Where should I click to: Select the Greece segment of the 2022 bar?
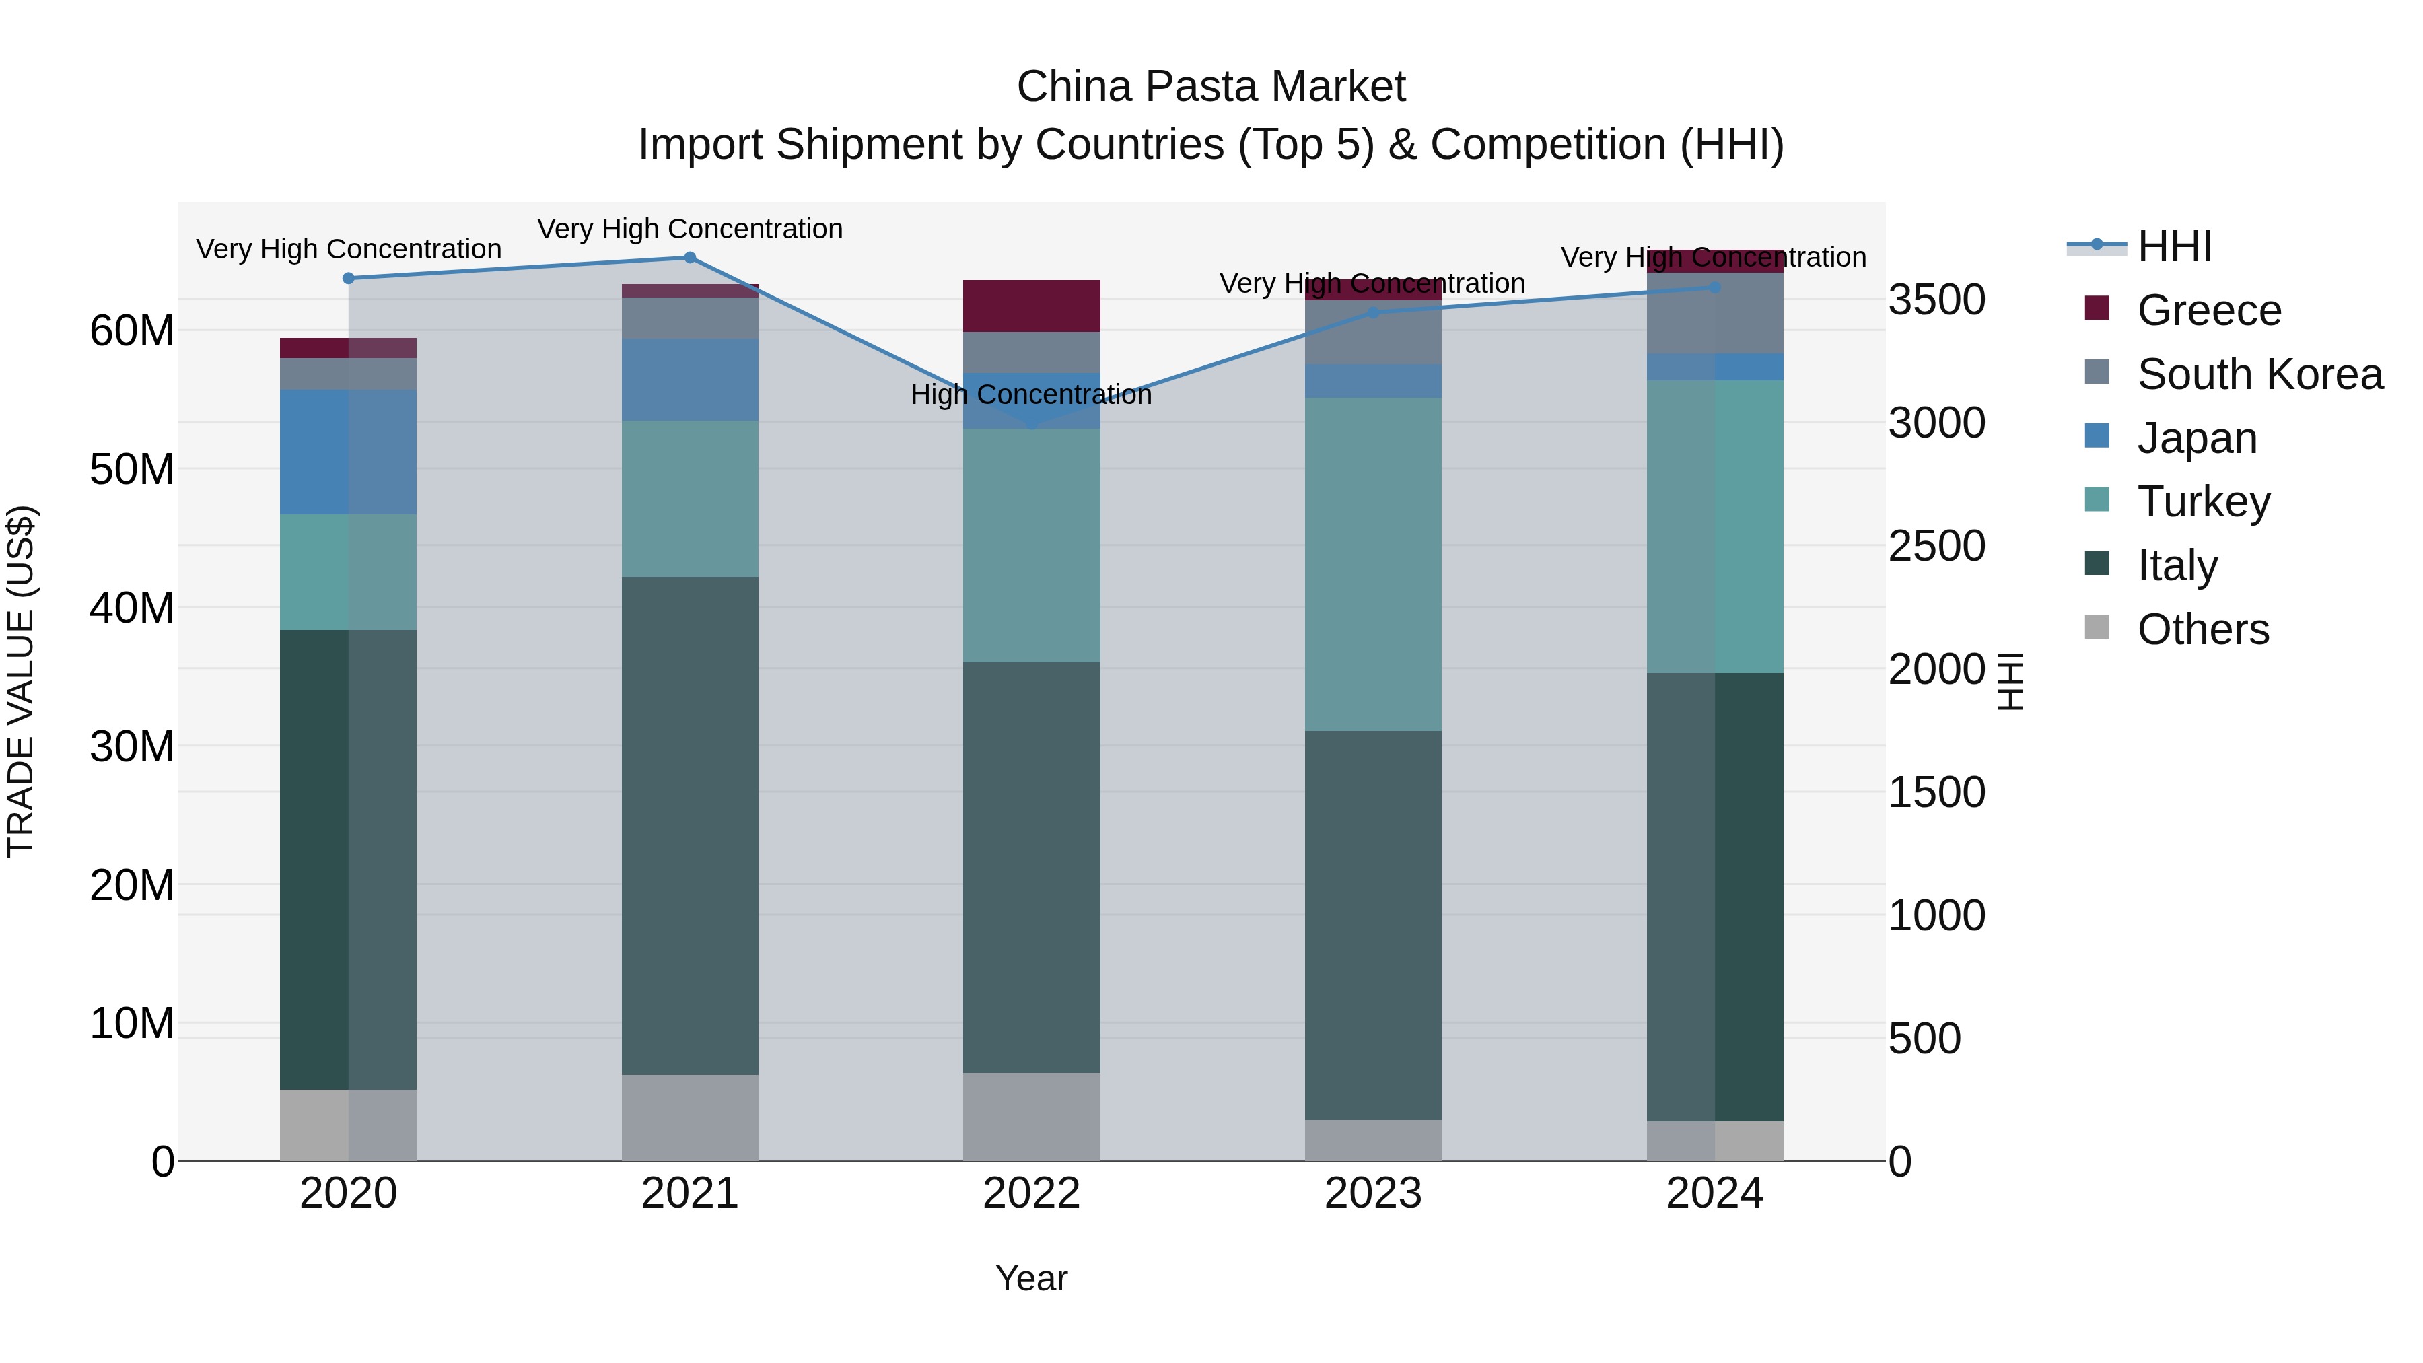(1032, 306)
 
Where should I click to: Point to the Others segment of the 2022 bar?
(1032, 1117)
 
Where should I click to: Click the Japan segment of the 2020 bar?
(348, 452)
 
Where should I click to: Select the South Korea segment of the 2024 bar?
(1715, 313)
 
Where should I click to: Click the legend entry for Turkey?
(2202, 501)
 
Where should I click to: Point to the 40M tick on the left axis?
(132, 608)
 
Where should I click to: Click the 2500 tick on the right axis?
(1936, 547)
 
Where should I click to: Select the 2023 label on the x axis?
(1373, 1193)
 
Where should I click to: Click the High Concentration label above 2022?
(1031, 394)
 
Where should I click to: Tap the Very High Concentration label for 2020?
(348, 249)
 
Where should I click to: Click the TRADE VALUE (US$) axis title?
(21, 681)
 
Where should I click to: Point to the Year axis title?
(1031, 1278)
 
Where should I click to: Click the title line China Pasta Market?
(1211, 87)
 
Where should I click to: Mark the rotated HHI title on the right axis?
(2009, 681)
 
